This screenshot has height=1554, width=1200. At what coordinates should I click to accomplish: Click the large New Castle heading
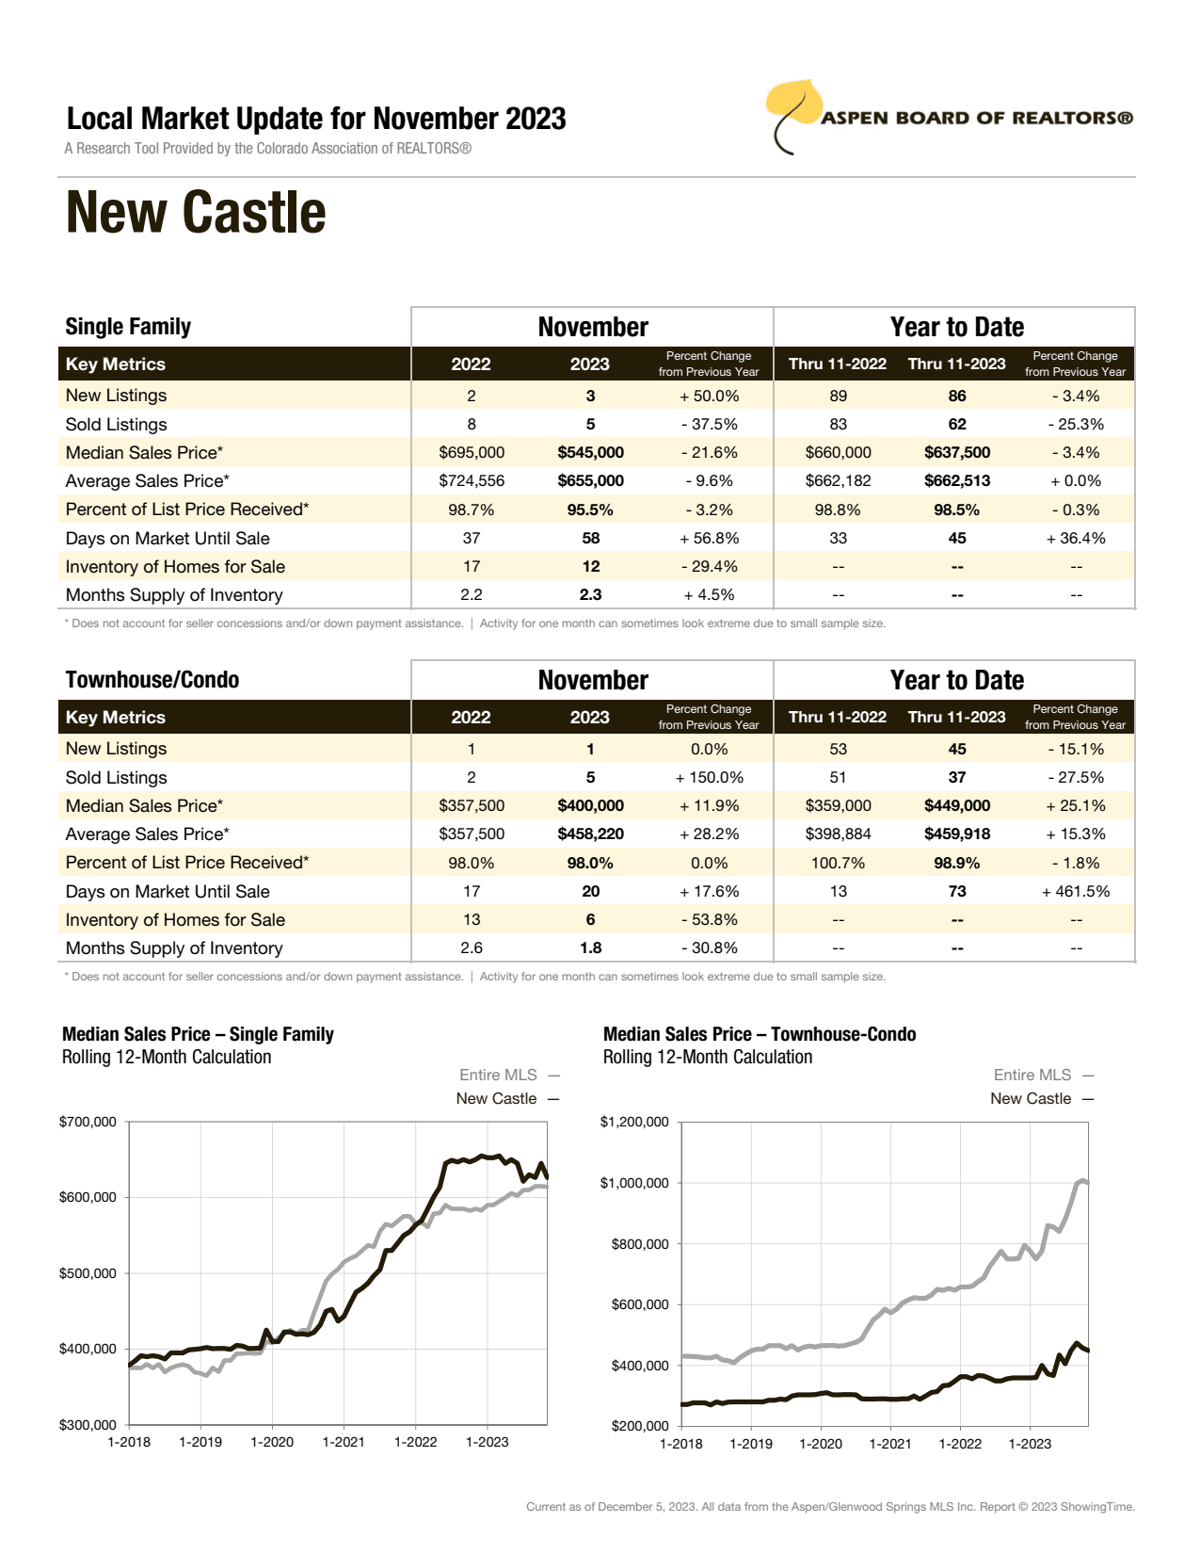(196, 213)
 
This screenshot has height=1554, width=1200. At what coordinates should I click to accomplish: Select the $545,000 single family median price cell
(590, 453)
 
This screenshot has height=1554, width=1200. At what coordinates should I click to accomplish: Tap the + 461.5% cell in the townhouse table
(1075, 892)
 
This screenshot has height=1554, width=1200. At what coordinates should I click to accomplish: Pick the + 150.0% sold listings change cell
(709, 778)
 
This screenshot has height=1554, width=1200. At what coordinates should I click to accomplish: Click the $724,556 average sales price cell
(472, 481)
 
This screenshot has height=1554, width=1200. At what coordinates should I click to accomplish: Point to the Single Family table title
(128, 327)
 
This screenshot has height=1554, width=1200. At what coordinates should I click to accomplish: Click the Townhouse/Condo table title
(152, 680)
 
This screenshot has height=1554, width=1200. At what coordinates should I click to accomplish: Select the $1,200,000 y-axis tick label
(634, 1122)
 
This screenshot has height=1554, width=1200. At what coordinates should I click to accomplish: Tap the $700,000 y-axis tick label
(88, 1122)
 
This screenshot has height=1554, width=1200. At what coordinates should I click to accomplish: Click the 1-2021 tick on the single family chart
(344, 1442)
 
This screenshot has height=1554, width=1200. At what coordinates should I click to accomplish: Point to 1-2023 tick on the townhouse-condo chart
(1030, 1444)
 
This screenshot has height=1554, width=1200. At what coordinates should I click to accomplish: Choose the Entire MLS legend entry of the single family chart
(498, 1076)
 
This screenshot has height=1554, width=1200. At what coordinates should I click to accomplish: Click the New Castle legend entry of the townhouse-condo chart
(1031, 1099)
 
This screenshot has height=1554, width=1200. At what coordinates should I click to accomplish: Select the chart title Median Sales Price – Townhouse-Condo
(760, 1034)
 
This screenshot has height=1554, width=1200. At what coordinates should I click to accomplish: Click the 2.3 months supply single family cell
(590, 595)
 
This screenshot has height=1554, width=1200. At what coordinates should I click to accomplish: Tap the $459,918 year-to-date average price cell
(956, 834)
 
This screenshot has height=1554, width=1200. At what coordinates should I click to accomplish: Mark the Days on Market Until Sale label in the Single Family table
(168, 539)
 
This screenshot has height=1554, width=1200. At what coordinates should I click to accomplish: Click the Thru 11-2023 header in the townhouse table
(956, 718)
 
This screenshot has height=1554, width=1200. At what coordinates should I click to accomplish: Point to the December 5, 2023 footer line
(830, 1507)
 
